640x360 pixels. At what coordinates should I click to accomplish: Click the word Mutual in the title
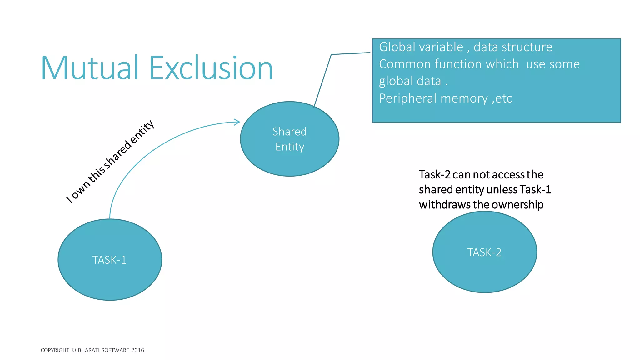(90, 68)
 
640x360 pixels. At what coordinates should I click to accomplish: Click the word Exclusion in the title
(211, 68)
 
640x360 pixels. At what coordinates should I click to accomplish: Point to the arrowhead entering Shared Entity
(237, 122)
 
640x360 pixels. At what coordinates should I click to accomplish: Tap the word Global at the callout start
(394, 47)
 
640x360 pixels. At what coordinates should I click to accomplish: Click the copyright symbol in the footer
(74, 350)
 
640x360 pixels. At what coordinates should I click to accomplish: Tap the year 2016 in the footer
(138, 350)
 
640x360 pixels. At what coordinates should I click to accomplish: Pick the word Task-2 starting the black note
(434, 174)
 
